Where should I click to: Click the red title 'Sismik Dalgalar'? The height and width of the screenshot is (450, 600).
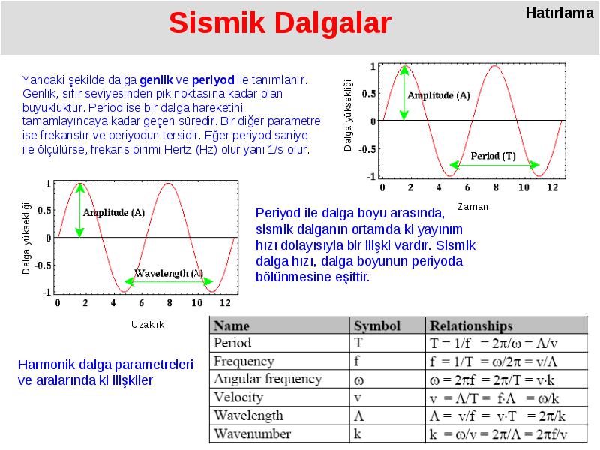point(280,23)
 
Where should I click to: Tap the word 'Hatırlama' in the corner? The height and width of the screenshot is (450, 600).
point(559,13)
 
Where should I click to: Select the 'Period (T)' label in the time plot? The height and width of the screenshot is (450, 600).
point(493,156)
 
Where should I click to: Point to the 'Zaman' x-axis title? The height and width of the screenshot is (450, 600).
point(472,207)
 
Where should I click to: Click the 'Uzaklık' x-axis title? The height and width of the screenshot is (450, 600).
point(148,325)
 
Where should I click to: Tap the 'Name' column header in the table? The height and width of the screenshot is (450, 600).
point(232,325)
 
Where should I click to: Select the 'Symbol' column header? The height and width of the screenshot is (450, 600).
point(377,325)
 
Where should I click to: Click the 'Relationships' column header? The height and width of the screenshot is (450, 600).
point(471,325)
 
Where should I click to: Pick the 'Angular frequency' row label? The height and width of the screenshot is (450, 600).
point(268,379)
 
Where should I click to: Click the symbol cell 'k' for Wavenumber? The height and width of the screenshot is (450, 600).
point(358,433)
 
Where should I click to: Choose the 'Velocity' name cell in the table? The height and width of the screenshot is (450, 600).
point(238,397)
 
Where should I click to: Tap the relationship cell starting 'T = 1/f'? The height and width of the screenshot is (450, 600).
point(493,343)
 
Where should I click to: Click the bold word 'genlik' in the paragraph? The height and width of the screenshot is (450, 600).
point(156,80)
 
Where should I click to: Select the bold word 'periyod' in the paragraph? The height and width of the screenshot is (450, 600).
point(213,80)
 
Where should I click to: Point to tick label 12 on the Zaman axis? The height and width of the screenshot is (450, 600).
point(552,187)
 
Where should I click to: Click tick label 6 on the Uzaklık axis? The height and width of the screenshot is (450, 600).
point(141,303)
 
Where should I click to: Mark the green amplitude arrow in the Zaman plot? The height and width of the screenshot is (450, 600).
point(404,93)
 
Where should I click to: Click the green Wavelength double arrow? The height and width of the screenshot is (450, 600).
point(169,282)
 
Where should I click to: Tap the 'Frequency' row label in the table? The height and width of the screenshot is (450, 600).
point(244,361)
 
